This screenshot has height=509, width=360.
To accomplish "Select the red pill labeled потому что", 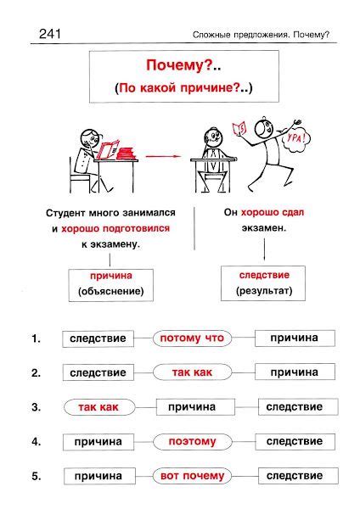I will [x=192, y=338].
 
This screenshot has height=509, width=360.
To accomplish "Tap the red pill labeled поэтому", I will [x=192, y=441].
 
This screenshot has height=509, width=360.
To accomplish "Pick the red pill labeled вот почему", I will [x=192, y=476].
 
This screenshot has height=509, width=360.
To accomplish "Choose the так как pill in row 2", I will [x=192, y=372].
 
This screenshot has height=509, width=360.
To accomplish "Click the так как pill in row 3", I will [x=98, y=407].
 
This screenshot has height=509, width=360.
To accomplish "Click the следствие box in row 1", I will [x=98, y=338].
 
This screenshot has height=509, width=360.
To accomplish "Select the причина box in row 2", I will [x=295, y=372].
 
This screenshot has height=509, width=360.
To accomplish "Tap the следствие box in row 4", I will [x=295, y=441].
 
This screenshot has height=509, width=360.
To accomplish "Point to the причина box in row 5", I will [x=98, y=476].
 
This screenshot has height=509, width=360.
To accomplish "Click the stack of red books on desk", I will [x=126, y=154].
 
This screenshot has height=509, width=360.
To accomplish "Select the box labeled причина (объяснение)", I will [x=110, y=283].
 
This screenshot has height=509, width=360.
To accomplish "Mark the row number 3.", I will [x=36, y=407].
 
